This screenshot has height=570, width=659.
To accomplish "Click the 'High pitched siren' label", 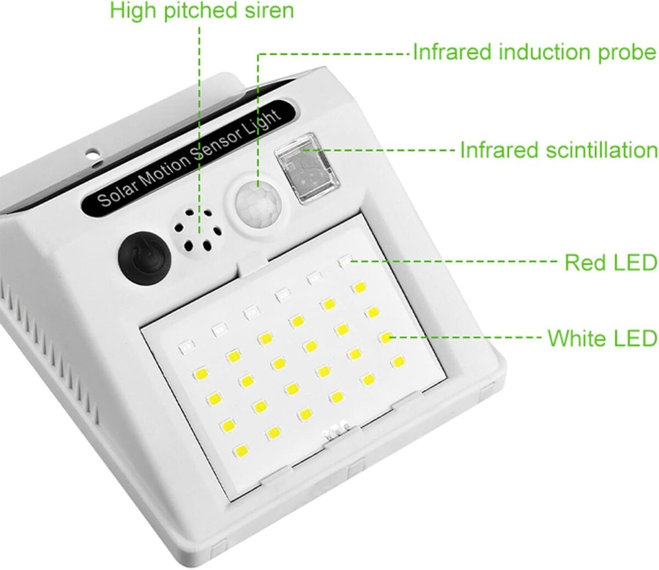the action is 202,11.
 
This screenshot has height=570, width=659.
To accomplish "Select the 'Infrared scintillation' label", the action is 559,150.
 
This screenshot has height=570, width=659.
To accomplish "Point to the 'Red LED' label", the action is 611,263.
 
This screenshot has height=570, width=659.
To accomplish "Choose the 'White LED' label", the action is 603,338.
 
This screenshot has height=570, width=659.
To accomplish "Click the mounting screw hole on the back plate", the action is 93,154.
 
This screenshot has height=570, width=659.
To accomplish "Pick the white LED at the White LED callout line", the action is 385,337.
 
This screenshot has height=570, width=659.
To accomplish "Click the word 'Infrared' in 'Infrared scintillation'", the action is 499,150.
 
